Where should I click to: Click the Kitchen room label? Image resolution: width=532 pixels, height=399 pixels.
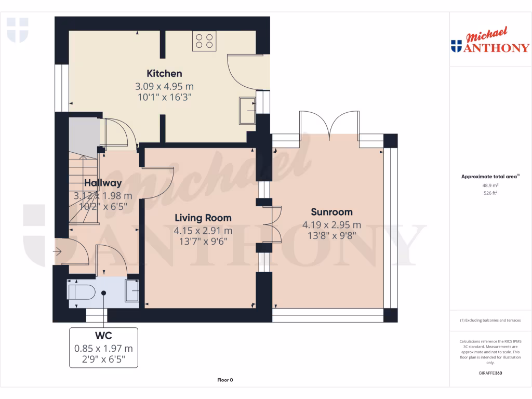[x=164, y=73]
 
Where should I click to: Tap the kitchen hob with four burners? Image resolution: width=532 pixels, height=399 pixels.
[x=205, y=41]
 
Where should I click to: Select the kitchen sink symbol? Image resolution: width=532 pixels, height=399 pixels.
[x=247, y=111]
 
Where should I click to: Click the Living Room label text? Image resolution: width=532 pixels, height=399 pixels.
[x=203, y=218]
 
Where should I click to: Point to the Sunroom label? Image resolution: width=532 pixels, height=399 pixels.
[x=331, y=212]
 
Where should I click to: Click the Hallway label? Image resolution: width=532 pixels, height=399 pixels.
[x=103, y=183]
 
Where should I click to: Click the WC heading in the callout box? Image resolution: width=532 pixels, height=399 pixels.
[x=103, y=336]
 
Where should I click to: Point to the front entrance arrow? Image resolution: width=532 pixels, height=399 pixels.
[x=57, y=252]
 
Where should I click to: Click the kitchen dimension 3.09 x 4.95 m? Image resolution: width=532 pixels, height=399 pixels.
[x=164, y=86]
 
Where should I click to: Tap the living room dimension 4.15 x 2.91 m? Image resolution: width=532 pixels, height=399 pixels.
[x=203, y=230]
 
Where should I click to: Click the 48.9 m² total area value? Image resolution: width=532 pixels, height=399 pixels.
[x=490, y=185]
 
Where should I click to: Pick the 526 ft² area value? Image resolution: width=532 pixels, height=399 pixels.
[x=490, y=193]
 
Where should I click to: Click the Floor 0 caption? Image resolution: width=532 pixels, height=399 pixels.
[x=225, y=380]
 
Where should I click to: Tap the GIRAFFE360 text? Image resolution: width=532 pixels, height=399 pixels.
[x=490, y=373]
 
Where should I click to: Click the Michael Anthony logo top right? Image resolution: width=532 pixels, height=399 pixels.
[x=490, y=42]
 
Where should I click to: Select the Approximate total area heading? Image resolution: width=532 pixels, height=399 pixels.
[x=490, y=177]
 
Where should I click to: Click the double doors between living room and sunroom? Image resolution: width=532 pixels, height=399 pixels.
[x=271, y=224]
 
